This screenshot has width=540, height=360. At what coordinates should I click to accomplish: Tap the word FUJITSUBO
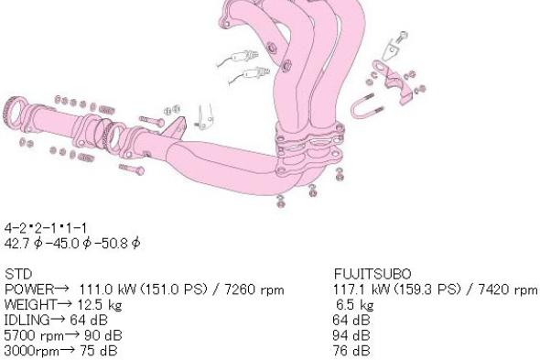[x=373, y=274]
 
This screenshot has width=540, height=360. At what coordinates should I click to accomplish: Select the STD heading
[x=18, y=274]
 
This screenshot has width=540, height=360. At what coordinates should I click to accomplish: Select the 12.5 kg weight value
[x=100, y=305]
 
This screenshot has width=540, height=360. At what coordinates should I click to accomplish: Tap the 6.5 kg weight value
[x=355, y=305]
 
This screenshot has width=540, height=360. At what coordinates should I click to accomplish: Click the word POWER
[x=29, y=289]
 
